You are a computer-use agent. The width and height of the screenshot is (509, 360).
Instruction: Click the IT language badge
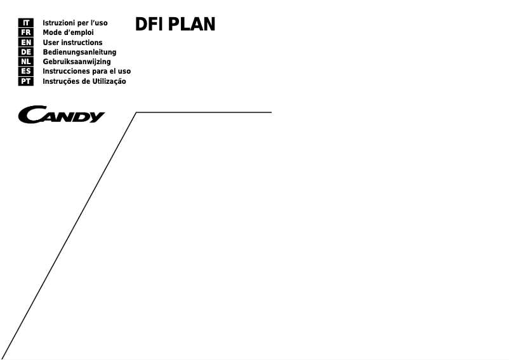click(x=26, y=23)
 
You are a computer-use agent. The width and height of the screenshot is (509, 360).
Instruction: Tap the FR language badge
click(x=26, y=32)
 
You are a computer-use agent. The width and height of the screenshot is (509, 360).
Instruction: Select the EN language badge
click(x=26, y=43)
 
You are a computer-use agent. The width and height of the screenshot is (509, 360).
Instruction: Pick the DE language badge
click(x=26, y=52)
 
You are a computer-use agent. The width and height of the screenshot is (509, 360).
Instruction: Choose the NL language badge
click(x=26, y=62)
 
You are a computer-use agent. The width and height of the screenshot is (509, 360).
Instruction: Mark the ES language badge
click(x=26, y=71)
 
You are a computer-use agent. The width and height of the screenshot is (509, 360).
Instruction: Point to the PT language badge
click(x=26, y=81)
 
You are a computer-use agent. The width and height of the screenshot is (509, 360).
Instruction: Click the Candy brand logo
click(x=62, y=116)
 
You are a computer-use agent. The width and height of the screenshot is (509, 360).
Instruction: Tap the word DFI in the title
click(x=150, y=25)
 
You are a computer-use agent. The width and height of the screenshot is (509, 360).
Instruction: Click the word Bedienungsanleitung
click(x=79, y=52)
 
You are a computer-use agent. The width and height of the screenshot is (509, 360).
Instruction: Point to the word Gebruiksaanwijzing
click(x=76, y=62)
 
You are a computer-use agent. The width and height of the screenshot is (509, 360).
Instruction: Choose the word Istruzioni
click(x=60, y=23)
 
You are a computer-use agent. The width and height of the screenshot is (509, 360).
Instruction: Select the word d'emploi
click(x=78, y=32)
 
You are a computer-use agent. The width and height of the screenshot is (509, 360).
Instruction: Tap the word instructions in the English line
click(x=82, y=43)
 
